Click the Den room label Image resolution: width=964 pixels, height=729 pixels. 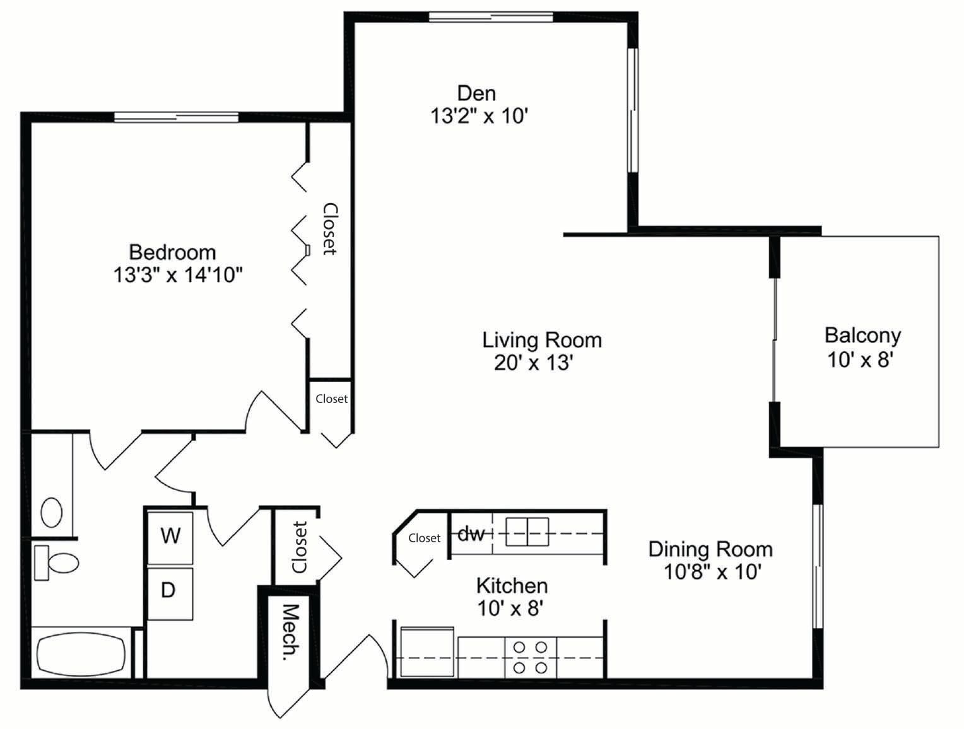476,93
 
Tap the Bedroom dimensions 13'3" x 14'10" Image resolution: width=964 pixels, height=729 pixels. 178,275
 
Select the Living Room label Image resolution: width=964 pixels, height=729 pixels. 542,340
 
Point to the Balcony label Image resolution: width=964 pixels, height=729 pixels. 862,335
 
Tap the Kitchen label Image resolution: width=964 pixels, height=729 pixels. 512,585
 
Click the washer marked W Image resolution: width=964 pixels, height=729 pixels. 170,537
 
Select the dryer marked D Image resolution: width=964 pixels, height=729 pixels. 168,592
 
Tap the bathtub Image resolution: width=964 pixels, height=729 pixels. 79,654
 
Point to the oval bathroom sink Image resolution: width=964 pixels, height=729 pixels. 52,512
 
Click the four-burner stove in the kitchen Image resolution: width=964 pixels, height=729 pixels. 530,657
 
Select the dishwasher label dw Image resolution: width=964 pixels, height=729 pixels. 471,534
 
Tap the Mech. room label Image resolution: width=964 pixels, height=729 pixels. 290,632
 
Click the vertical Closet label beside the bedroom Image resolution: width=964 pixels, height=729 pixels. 329,228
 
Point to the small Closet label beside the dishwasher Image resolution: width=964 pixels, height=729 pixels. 424,538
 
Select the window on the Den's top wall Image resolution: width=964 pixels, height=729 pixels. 490,16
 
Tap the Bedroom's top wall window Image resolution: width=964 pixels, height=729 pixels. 176,116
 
